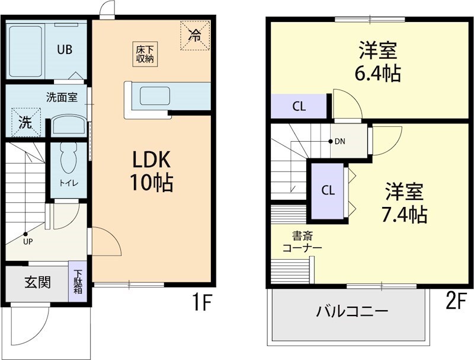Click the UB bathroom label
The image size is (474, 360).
[65, 50]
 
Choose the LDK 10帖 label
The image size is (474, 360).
[151, 171]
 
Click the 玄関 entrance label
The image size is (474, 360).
[37, 282]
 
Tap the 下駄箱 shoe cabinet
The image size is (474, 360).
[78, 282]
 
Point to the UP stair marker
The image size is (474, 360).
[25, 235]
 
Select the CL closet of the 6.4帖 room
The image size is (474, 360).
[299, 107]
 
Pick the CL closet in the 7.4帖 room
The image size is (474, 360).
[328, 190]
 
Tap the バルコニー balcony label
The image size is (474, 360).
[352, 311]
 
